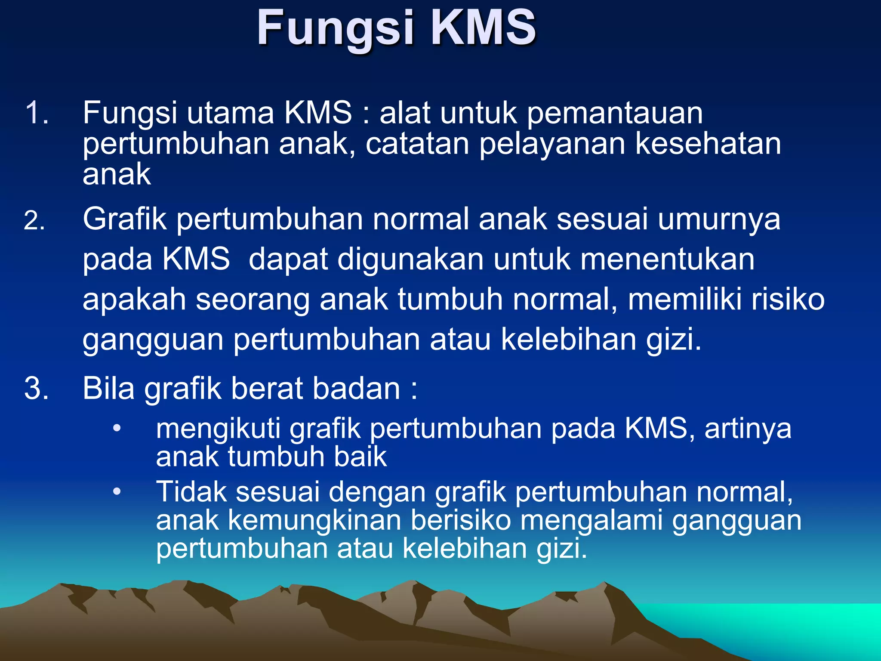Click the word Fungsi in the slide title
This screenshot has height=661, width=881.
click(x=336, y=28)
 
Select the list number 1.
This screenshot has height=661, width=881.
click(x=36, y=113)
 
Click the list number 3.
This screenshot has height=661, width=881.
click(x=36, y=388)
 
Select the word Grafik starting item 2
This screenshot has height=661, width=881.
click(x=125, y=219)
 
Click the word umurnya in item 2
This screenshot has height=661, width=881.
click(x=719, y=219)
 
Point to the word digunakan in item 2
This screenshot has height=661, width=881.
click(x=410, y=259)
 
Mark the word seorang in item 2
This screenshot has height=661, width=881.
click(x=253, y=300)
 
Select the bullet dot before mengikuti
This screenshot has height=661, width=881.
click(x=117, y=429)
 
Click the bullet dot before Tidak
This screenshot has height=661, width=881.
click(x=117, y=491)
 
